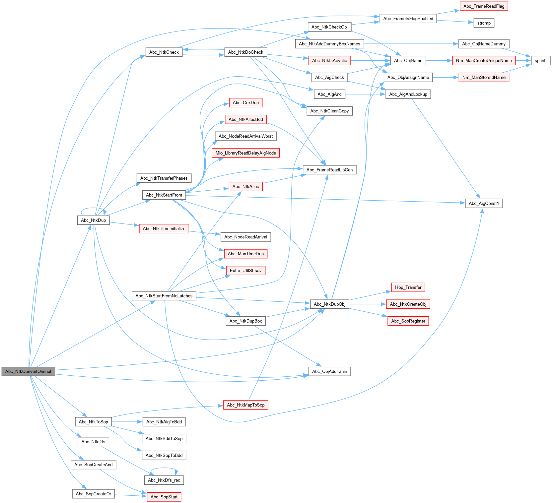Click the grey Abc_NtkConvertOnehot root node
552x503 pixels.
[x=28, y=371]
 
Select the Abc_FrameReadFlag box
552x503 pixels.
[x=484, y=6]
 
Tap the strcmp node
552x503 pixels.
[x=484, y=23]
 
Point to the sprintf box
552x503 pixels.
[x=540, y=61]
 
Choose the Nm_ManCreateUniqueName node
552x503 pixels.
[x=484, y=61]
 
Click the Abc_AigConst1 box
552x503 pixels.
[x=484, y=204]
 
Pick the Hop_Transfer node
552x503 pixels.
[x=408, y=287]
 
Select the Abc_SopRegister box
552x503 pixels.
[x=408, y=321]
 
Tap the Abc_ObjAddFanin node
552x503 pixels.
[x=329, y=371]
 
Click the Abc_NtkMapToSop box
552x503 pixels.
[x=245, y=405]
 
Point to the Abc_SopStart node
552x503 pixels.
[x=164, y=497]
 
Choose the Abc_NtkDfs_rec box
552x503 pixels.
[x=164, y=480]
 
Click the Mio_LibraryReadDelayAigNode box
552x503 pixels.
[x=245, y=153]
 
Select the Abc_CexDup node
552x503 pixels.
[x=245, y=103]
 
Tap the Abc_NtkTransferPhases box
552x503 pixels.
[x=164, y=178]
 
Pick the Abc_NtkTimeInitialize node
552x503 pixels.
[x=164, y=229]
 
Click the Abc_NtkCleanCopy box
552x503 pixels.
[x=329, y=111]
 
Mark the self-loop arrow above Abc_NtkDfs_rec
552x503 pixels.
[x=164, y=468]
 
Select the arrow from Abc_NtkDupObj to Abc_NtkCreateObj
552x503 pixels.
[x=368, y=304]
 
